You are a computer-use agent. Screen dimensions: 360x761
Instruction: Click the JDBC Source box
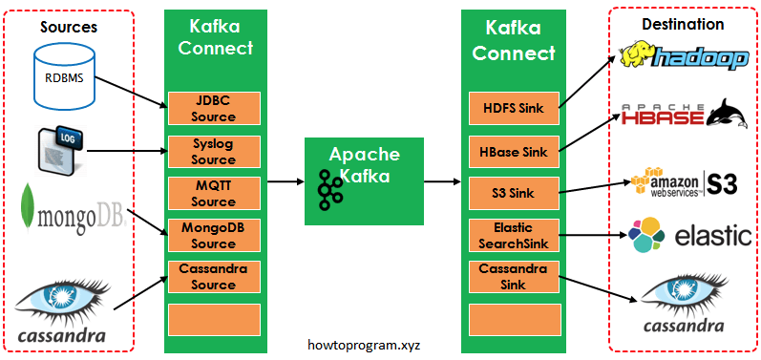tap(214, 109)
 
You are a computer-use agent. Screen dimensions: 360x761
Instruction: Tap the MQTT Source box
tap(214, 193)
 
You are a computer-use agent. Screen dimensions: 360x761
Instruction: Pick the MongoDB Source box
tap(214, 235)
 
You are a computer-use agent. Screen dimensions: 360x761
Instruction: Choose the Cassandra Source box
tap(214, 277)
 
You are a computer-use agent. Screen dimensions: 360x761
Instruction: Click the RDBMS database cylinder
tap(64, 74)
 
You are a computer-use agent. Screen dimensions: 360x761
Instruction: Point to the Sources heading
tap(69, 26)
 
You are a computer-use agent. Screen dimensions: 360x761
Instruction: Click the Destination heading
tap(684, 24)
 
